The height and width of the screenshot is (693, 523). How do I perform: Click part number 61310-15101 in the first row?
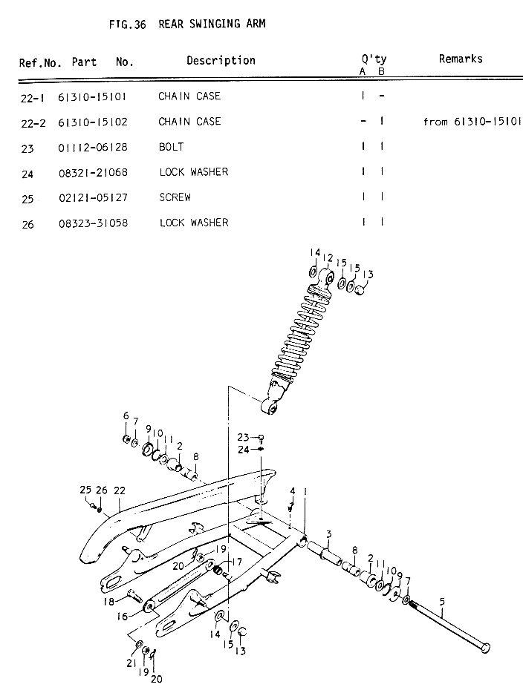[92, 96]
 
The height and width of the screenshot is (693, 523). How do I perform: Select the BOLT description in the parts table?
[171, 147]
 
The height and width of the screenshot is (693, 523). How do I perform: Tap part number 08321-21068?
[92, 172]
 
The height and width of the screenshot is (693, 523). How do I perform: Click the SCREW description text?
[175, 197]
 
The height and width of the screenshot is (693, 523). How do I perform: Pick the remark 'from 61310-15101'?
[472, 122]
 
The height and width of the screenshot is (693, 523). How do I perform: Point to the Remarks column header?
[460, 59]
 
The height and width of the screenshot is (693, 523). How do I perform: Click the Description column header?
[221, 60]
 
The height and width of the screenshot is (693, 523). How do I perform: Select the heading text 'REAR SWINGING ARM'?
[212, 24]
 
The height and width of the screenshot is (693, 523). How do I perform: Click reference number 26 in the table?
[27, 223]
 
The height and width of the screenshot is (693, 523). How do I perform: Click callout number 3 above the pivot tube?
[328, 534]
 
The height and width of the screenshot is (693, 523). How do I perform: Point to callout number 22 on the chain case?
[119, 490]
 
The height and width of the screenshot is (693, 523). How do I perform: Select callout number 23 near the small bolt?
[243, 437]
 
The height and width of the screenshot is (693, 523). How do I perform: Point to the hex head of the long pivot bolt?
[485, 649]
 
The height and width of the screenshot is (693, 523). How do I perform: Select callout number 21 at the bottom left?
[130, 663]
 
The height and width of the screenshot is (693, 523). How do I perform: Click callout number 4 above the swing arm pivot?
[293, 490]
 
